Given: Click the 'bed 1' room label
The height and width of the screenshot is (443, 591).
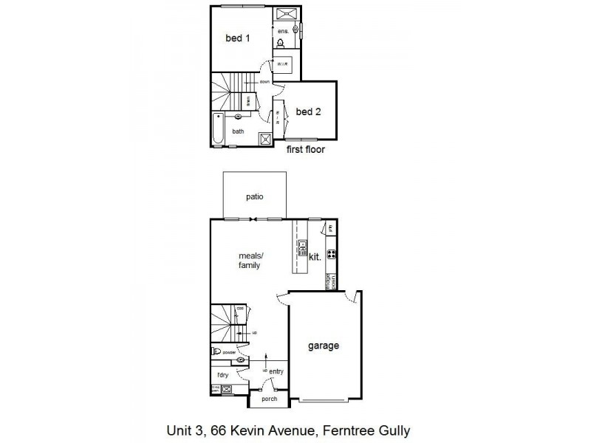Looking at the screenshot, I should click(237, 38).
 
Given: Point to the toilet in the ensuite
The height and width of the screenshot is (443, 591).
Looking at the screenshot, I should click(281, 44).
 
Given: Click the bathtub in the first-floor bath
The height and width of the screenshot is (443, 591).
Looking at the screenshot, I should click(216, 128).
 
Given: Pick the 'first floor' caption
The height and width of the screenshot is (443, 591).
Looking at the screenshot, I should click(306, 149).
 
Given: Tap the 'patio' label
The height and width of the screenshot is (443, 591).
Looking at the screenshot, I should click(255, 197).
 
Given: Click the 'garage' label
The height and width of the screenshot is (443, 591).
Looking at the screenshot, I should click(324, 345).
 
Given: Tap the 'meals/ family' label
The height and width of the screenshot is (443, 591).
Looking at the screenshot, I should click(249, 261).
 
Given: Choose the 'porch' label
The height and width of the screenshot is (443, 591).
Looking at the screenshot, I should click(269, 399).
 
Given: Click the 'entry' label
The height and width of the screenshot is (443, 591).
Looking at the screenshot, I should click(276, 371).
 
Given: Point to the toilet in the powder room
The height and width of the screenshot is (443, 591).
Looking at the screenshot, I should click(217, 352).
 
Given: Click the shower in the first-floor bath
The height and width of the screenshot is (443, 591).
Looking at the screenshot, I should click(264, 137).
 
